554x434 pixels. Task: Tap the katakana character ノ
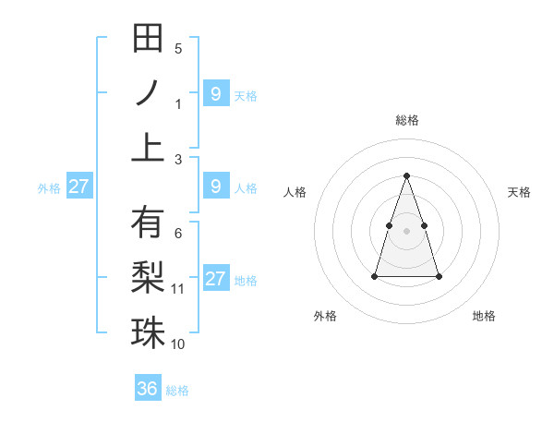point(148,92)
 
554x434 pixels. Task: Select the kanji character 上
point(148,147)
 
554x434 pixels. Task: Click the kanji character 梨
point(148,277)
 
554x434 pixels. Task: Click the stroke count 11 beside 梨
point(178,289)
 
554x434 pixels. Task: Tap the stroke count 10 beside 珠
point(178,344)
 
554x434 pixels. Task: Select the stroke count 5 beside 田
point(178,49)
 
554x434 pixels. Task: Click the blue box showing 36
point(148,389)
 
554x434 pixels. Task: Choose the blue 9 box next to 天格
point(215,93)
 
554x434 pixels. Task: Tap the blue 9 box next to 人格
point(215,187)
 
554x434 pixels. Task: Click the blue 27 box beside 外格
point(78,187)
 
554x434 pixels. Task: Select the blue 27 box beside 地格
point(215,279)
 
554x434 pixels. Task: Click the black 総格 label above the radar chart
point(407,120)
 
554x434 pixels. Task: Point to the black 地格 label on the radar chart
point(484,317)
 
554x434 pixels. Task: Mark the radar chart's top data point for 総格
point(407,175)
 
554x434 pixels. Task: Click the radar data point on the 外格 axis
point(374,276)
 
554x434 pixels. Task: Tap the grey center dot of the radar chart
point(407,230)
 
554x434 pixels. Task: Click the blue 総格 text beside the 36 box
point(177,391)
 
